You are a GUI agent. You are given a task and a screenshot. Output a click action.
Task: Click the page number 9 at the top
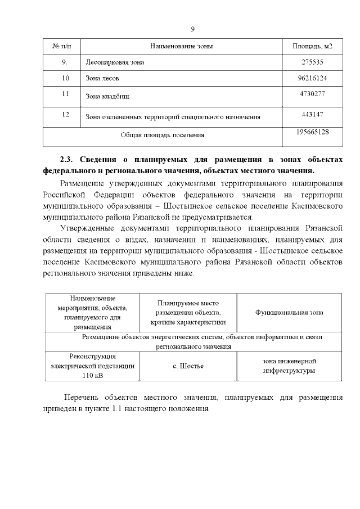(192, 29)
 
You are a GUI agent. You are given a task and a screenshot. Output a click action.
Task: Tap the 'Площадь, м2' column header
(312, 46)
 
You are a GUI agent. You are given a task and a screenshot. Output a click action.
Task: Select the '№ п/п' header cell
(62, 46)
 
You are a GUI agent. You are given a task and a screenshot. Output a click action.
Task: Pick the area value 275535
(312, 62)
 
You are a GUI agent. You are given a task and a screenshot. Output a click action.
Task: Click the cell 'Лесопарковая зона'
(114, 62)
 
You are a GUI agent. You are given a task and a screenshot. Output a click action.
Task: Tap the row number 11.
(65, 93)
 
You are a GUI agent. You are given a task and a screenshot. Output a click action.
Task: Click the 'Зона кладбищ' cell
(107, 97)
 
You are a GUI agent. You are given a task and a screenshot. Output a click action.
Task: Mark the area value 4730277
(312, 93)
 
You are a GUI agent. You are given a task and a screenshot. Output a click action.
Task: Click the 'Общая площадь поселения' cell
(163, 135)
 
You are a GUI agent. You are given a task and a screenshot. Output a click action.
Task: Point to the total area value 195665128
(312, 132)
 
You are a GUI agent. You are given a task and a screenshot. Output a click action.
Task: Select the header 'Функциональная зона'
(289, 312)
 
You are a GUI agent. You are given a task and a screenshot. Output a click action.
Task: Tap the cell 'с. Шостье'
(188, 366)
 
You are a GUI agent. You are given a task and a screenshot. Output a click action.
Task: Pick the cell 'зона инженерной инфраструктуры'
(290, 366)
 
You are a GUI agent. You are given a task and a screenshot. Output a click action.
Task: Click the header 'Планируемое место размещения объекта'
(188, 312)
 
